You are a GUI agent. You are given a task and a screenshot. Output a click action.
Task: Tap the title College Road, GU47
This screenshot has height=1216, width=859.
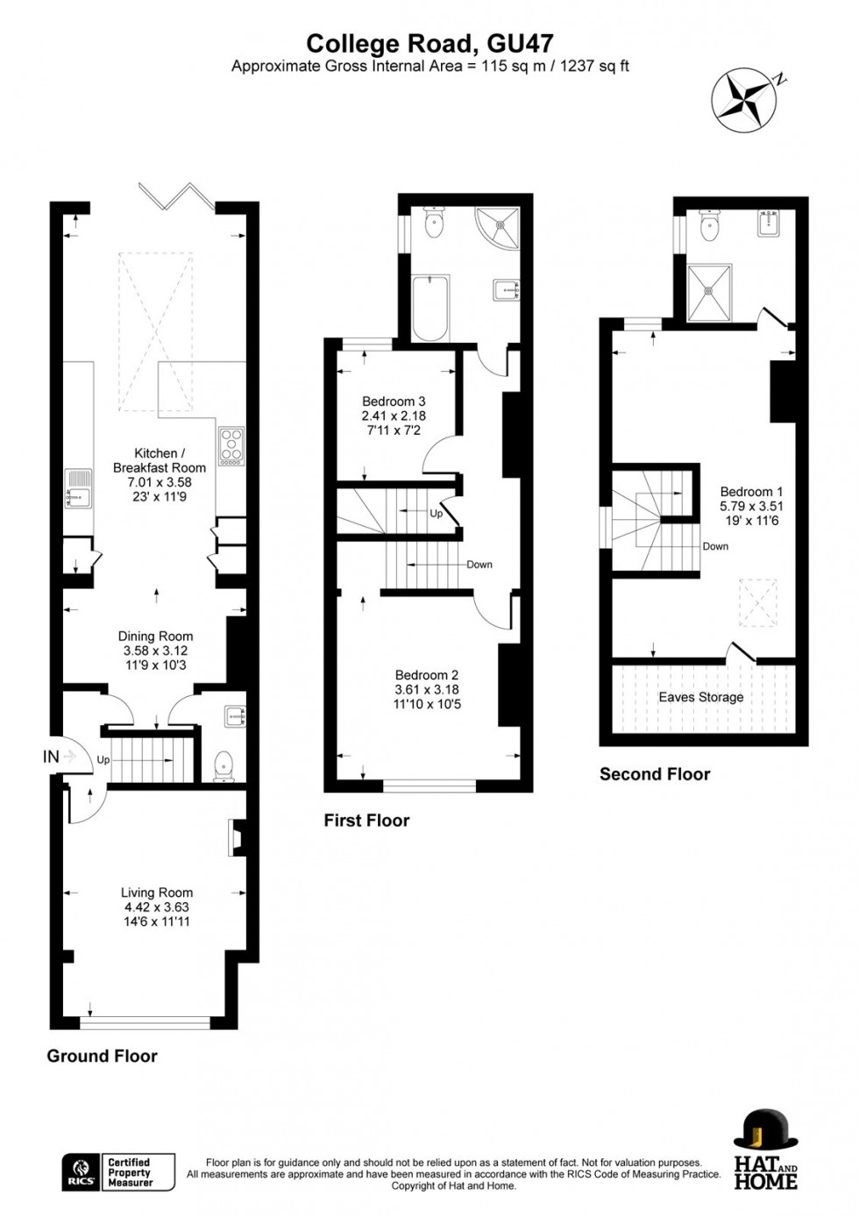(x=429, y=43)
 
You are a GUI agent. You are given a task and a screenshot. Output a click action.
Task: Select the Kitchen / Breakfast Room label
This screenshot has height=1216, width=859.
(x=159, y=460)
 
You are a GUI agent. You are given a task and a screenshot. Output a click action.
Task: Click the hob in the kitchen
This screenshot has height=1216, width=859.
(x=232, y=445)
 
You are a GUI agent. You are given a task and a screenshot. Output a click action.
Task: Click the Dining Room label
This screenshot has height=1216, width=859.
(x=155, y=636)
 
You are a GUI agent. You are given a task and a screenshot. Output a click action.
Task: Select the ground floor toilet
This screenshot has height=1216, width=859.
(x=224, y=764)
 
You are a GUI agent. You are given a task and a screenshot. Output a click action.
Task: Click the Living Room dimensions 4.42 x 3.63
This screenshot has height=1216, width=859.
(x=156, y=907)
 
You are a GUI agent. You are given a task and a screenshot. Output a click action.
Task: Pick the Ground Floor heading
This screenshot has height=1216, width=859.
(x=102, y=1056)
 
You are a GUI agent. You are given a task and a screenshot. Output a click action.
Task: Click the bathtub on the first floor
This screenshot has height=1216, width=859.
(x=430, y=309)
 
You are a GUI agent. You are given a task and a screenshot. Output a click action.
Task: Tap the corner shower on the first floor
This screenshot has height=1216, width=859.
(x=500, y=226)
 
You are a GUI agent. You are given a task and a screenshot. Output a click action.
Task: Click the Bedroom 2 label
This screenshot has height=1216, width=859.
(x=427, y=675)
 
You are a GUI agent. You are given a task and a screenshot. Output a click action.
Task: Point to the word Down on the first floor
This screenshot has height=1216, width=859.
(x=479, y=565)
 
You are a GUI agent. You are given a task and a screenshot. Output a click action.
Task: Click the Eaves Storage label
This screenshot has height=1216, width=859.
(x=700, y=697)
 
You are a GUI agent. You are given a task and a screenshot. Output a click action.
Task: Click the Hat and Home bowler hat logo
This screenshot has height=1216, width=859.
(x=765, y=1131)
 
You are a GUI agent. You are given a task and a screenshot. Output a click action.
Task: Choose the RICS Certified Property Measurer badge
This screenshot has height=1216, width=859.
(x=118, y=1172)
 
